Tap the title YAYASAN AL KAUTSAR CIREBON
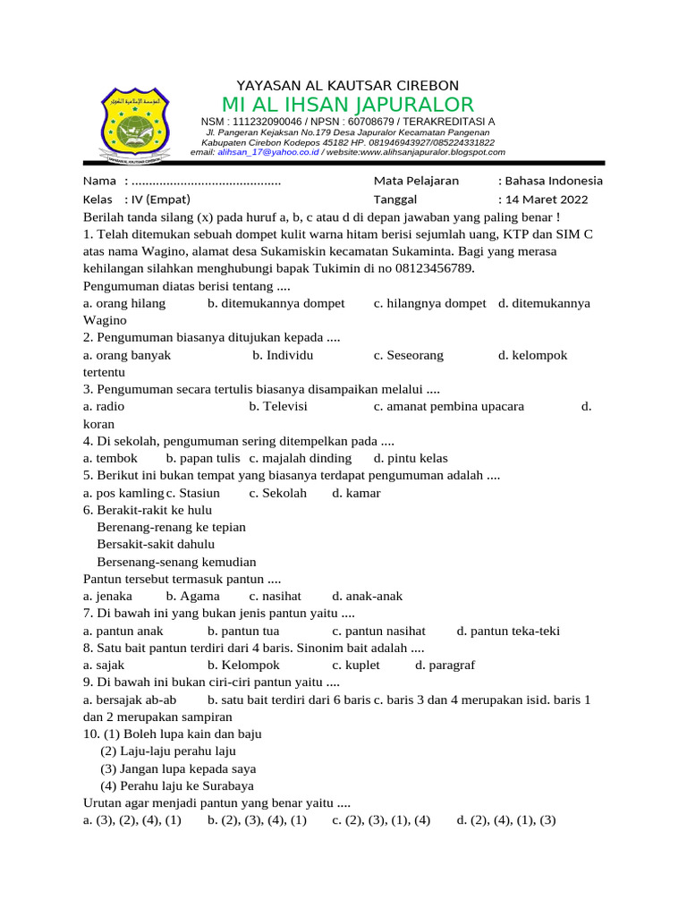coord(347,85)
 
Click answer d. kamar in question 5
coord(356,493)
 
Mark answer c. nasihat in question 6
coord(276,596)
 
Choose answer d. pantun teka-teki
coord(508,631)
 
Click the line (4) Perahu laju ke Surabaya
coord(177,786)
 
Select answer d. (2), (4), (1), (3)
coord(506,819)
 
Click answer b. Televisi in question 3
coord(280,406)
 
